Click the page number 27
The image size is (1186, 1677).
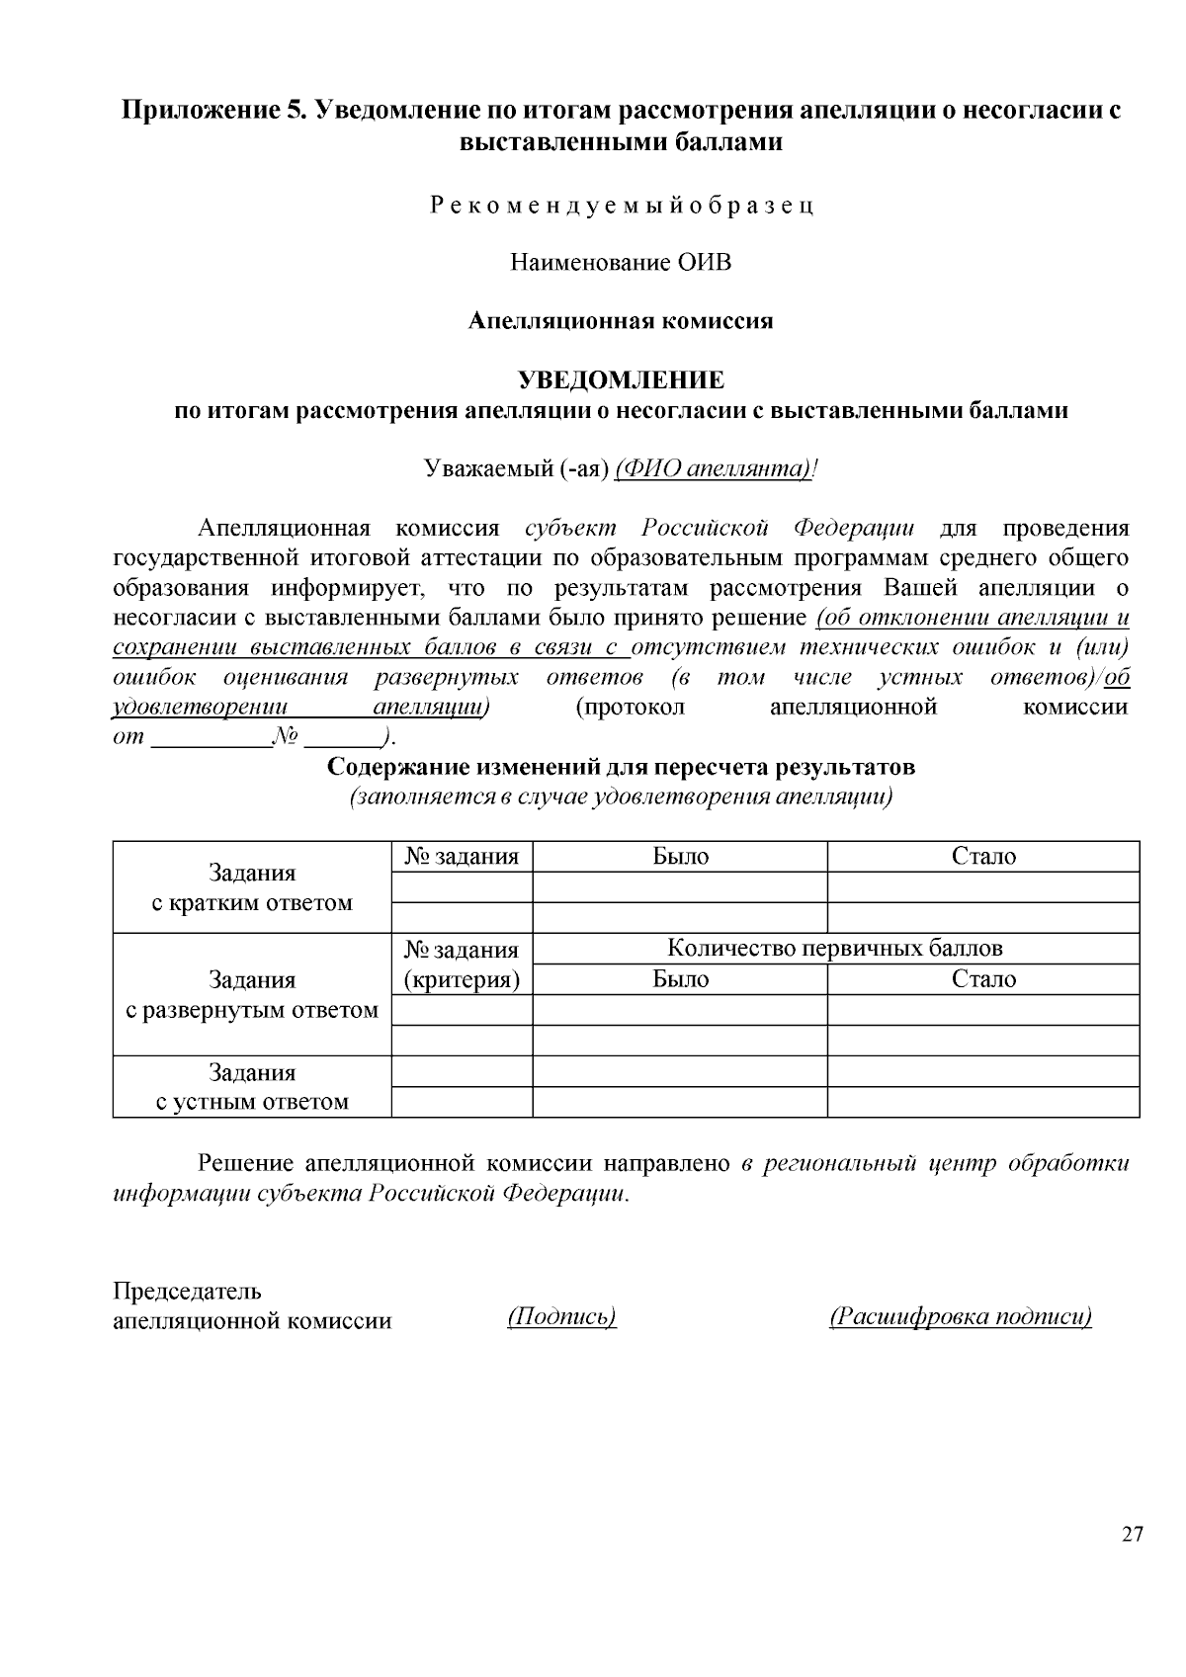(x=1133, y=1534)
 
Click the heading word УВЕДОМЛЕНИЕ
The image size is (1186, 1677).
(x=621, y=380)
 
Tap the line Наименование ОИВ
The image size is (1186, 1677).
(x=621, y=263)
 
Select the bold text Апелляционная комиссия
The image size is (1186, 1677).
(x=621, y=321)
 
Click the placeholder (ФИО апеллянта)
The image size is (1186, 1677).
(x=713, y=468)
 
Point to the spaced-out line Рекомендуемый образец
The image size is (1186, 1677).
(x=621, y=206)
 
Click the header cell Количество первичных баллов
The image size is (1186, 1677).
(x=835, y=949)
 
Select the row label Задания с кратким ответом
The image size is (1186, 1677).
(x=252, y=887)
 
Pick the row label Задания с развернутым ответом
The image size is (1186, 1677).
(x=252, y=995)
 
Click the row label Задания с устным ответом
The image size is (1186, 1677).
(x=252, y=1087)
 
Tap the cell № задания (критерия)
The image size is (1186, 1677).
(x=462, y=964)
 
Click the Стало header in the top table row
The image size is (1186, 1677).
(x=983, y=857)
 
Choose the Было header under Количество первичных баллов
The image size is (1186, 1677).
(x=680, y=979)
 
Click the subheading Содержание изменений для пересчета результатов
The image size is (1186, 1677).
(x=621, y=767)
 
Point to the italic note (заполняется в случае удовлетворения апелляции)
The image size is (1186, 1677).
(x=621, y=797)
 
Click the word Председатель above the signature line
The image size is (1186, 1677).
(x=188, y=1291)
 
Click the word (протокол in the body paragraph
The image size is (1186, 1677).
(x=630, y=708)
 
